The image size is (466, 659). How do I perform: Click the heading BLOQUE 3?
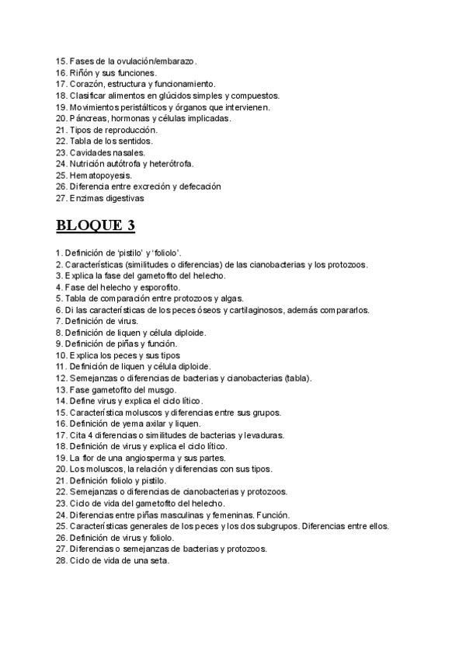[96, 226]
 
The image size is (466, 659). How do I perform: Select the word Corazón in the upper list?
[87, 84]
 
